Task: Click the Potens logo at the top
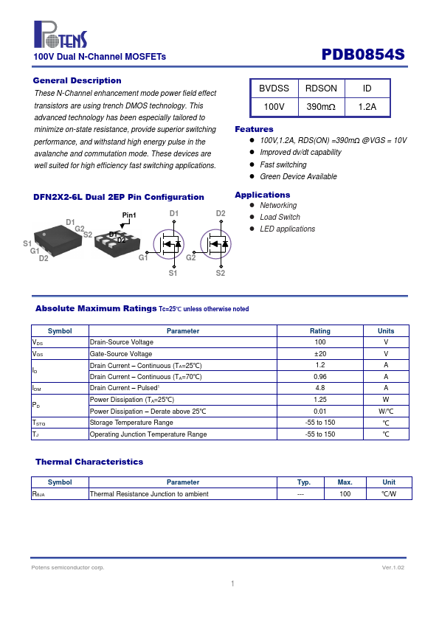[61, 35]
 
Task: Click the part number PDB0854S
[363, 55]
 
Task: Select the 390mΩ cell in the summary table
[321, 106]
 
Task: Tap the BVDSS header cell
[274, 89]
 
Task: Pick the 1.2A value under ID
[367, 106]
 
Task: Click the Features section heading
[254, 129]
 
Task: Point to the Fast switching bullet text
[283, 164]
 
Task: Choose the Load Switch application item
[280, 217]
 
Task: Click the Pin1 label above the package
[129, 215]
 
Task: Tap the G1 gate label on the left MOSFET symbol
[143, 257]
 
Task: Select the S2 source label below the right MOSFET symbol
[221, 273]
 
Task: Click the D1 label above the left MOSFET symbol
[174, 213]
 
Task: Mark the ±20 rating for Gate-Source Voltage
[320, 354]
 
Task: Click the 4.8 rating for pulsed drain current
[320, 388]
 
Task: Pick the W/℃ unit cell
[386, 411]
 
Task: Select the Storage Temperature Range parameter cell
[131, 423]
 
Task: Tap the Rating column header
[320, 330]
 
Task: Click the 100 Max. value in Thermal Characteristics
[345, 494]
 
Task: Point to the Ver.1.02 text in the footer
[393, 568]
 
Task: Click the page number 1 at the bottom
[232, 583]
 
